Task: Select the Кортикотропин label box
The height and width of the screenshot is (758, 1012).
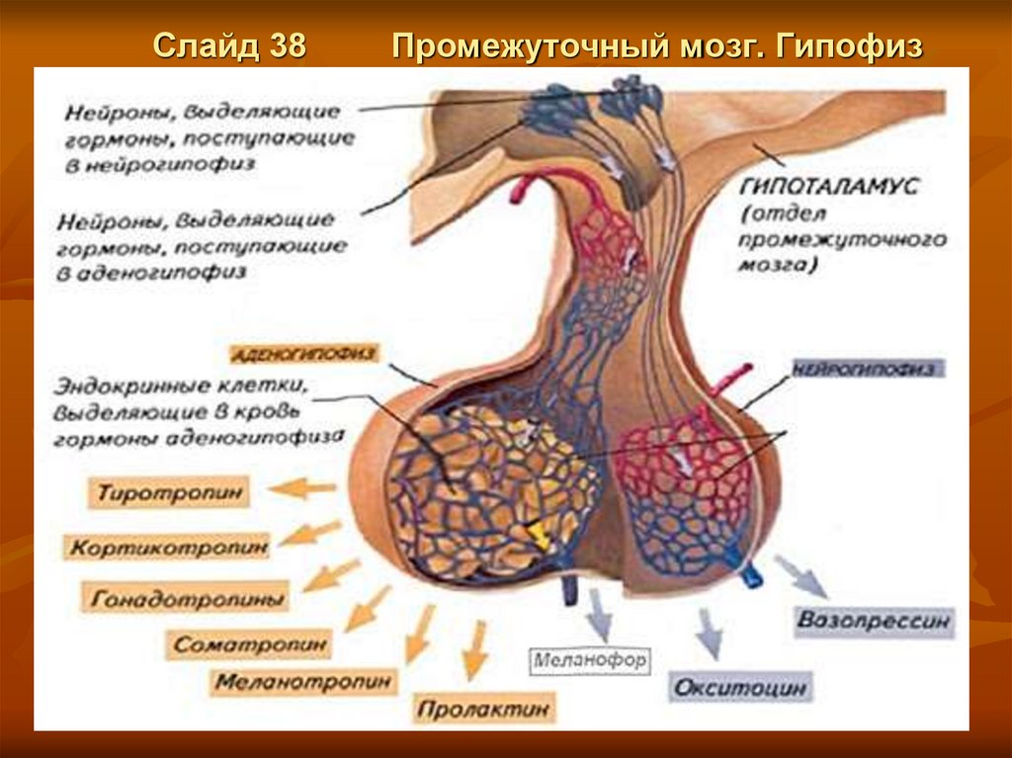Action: pyautogui.click(x=167, y=546)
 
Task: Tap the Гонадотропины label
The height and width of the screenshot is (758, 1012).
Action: pyautogui.click(x=190, y=598)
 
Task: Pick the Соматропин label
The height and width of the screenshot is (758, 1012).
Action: pyautogui.click(x=252, y=644)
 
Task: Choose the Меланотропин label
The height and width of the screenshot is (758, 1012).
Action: pyautogui.click(x=304, y=681)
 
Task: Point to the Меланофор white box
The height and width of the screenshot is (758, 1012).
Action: pyautogui.click(x=591, y=659)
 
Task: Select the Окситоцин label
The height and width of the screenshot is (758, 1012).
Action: pyautogui.click(x=740, y=687)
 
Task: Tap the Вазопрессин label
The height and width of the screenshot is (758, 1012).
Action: pyautogui.click(x=874, y=623)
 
